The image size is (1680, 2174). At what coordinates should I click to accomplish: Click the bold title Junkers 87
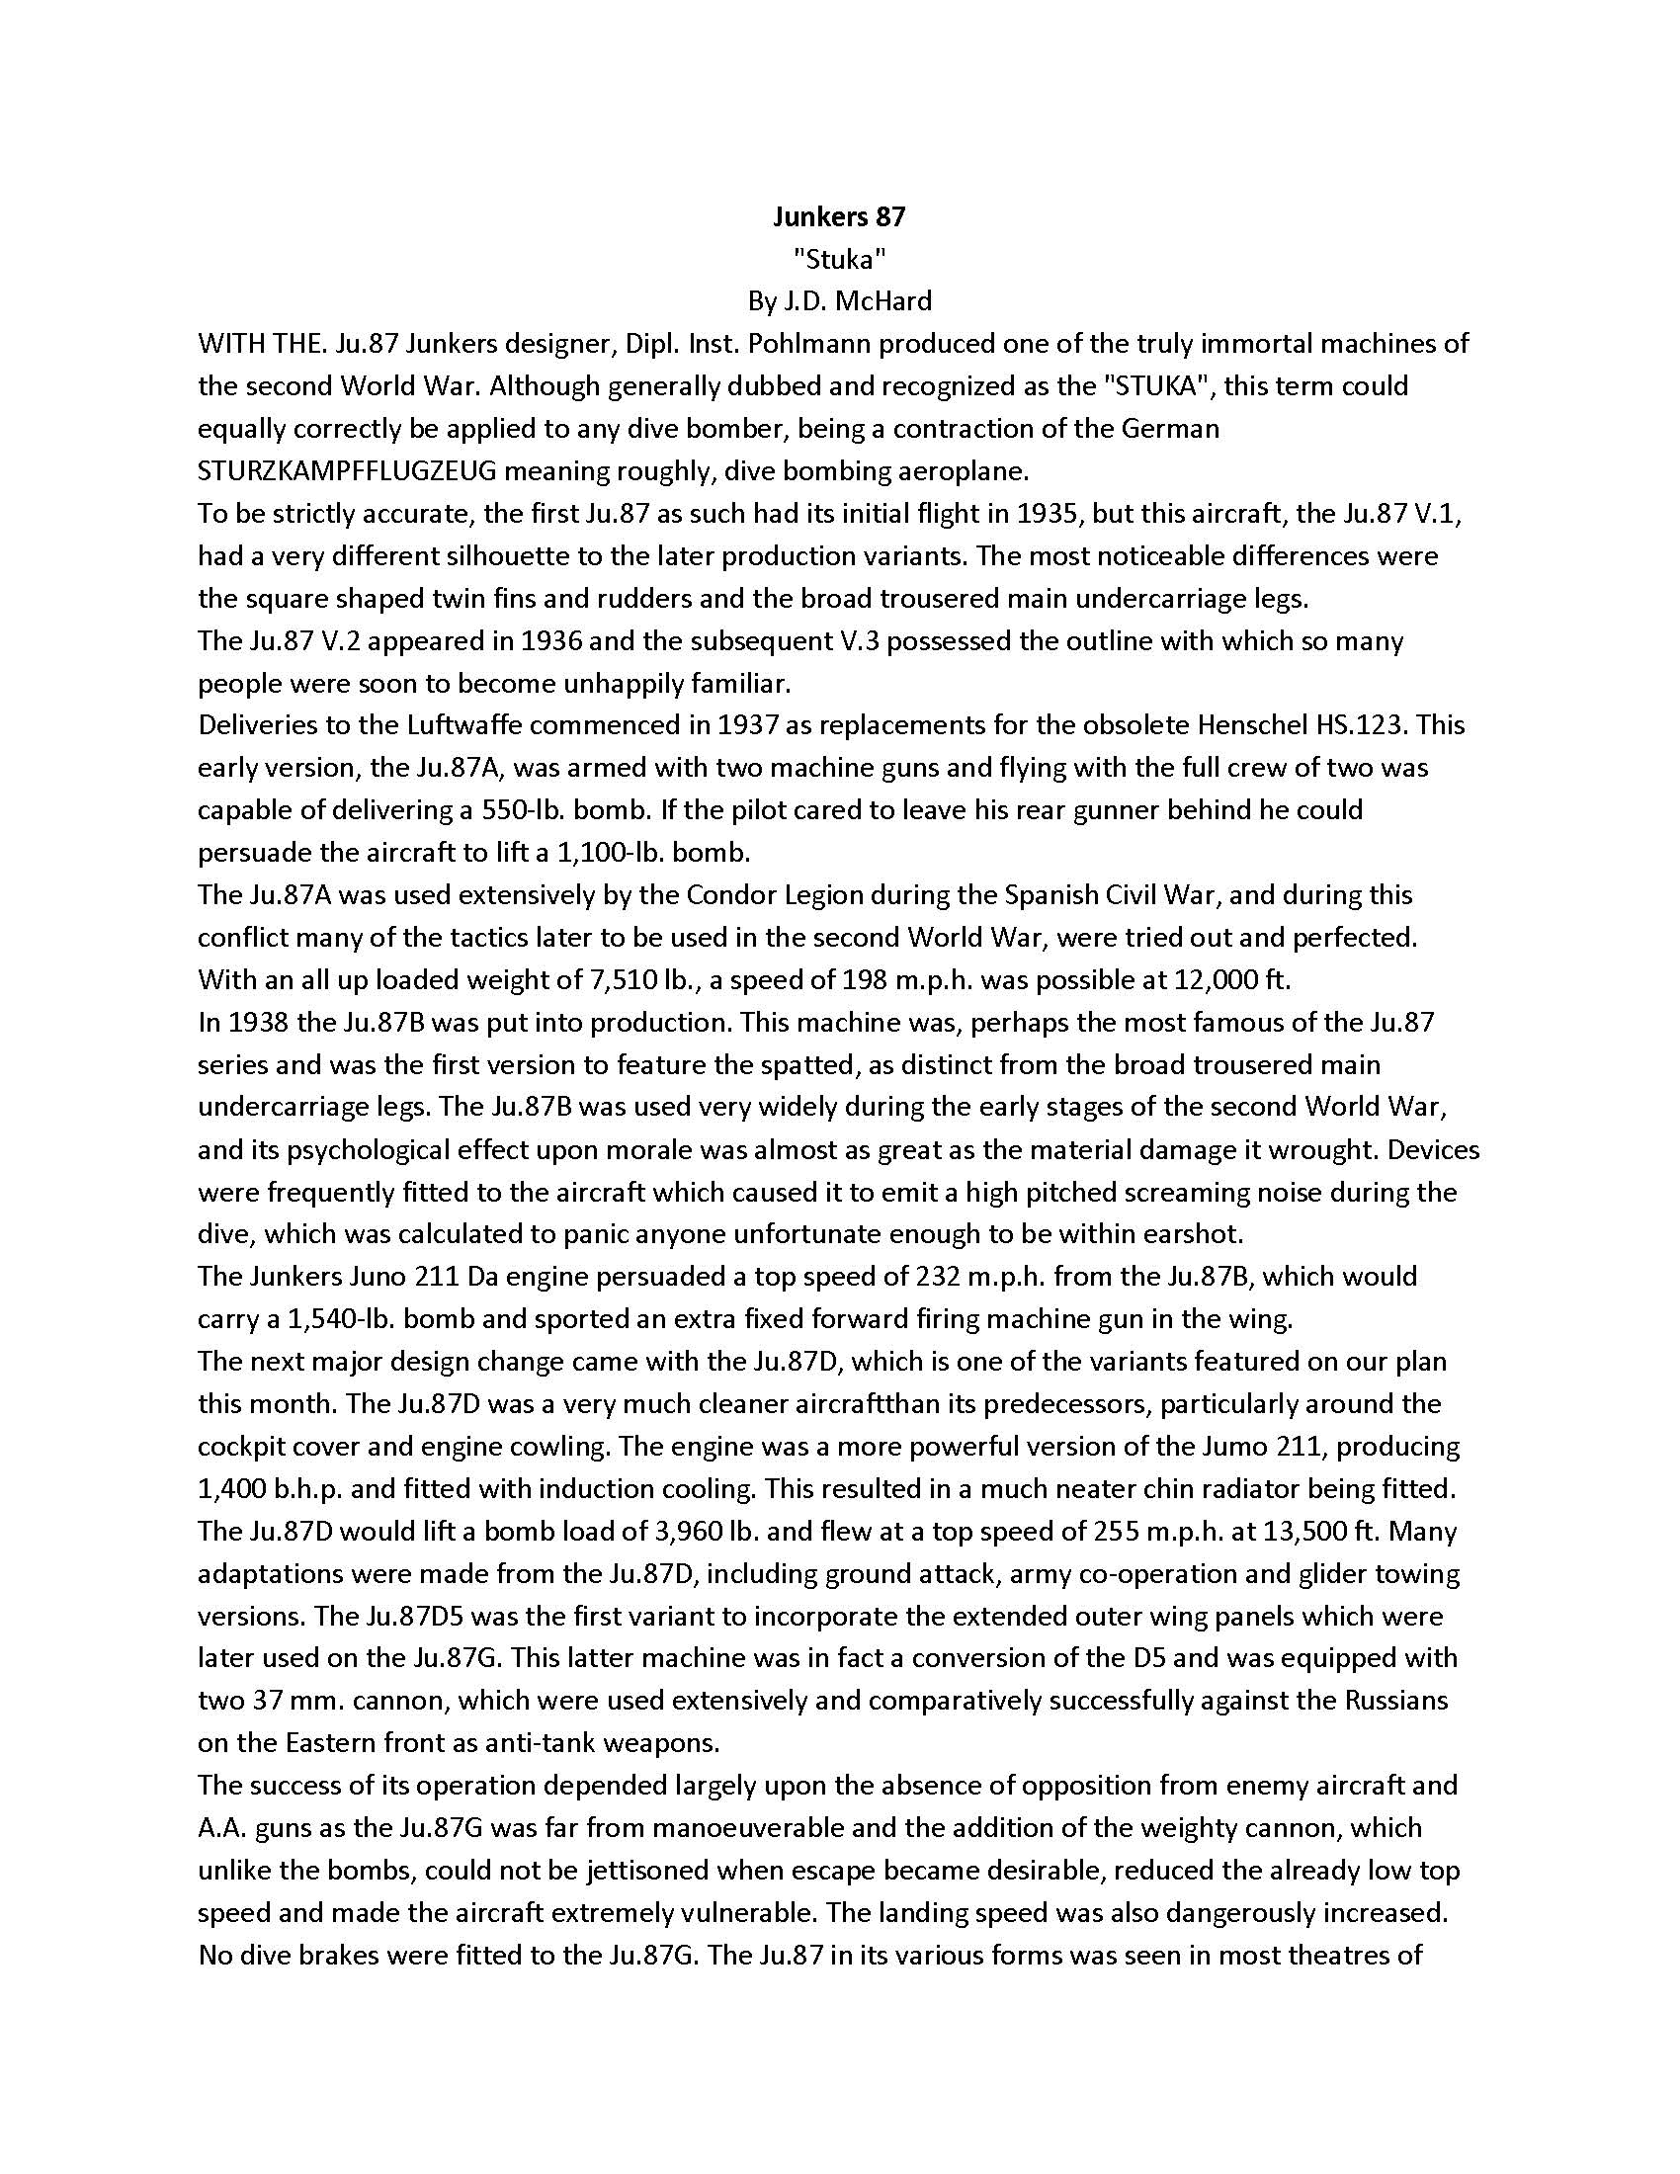pyautogui.click(x=839, y=216)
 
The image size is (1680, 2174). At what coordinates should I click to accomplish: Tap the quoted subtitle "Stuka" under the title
pyautogui.click(x=839, y=259)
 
